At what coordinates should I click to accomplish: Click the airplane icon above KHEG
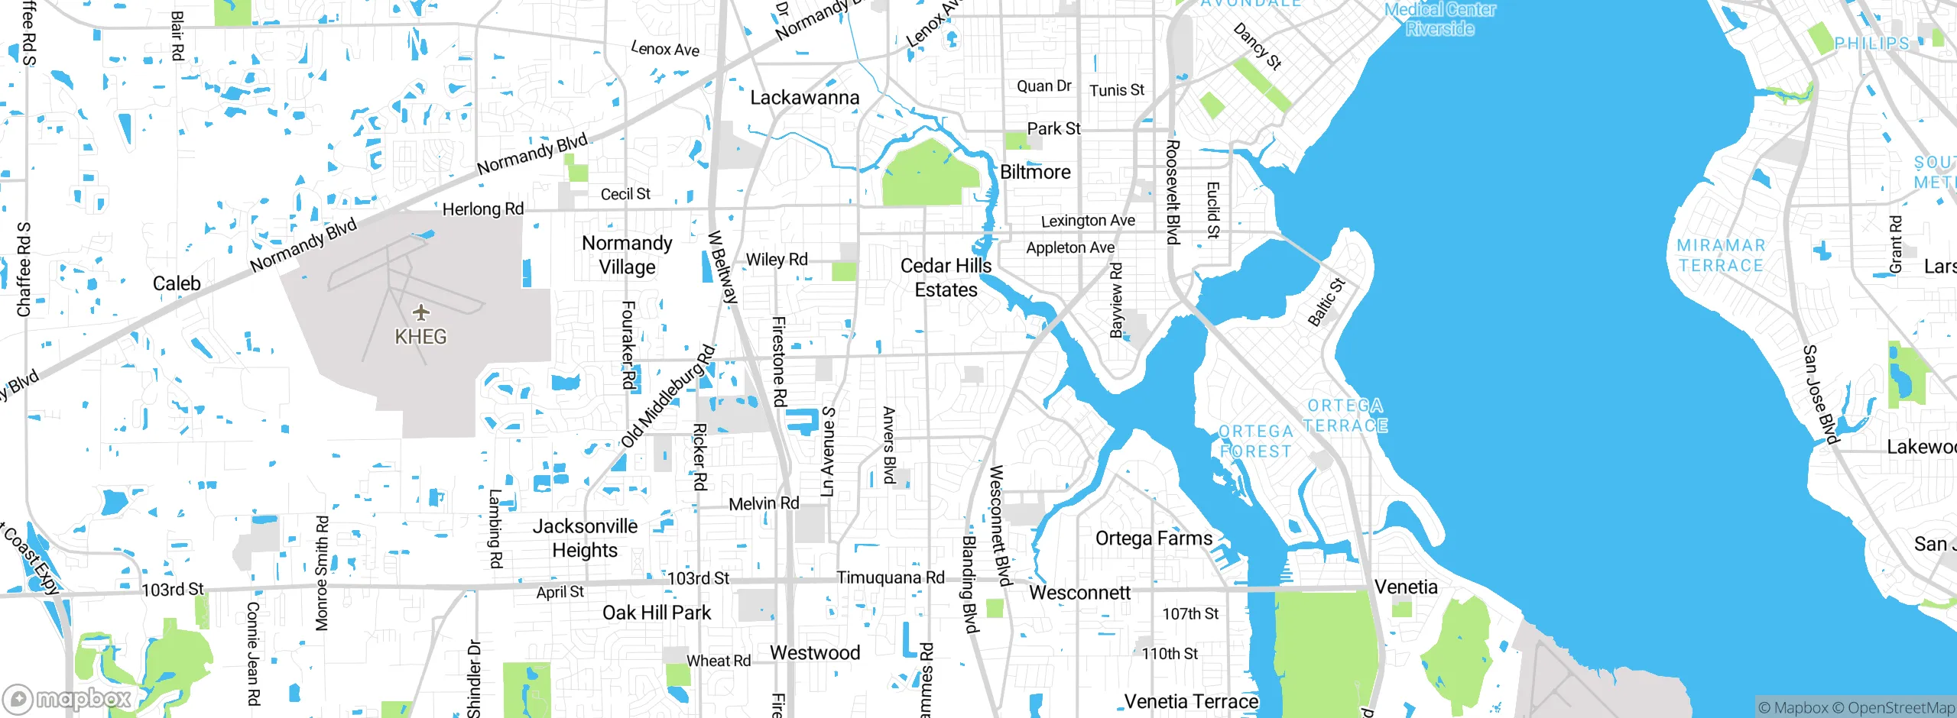coord(420,312)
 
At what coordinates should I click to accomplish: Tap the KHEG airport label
coord(420,337)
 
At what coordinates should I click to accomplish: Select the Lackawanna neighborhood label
coord(804,98)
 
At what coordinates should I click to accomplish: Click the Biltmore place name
coord(1035,173)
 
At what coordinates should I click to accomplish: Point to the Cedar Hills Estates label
coord(946,278)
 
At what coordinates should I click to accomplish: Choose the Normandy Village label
coord(627,255)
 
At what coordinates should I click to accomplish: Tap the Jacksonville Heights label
coord(585,538)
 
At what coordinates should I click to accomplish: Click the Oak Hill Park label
coord(657,613)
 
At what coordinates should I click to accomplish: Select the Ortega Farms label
coord(1154,538)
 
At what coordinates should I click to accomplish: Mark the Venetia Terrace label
coord(1191,701)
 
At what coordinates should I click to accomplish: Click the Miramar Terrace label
coord(1721,256)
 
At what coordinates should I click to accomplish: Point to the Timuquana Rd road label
coord(891,578)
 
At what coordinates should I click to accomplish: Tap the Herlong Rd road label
coord(483,209)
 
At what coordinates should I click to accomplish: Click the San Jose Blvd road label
coord(1819,394)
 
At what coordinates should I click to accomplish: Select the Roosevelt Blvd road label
coord(1173,192)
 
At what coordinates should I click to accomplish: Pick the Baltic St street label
coord(1326,302)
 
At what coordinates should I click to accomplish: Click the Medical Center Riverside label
coord(1439,19)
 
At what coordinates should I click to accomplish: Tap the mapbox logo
coord(67,698)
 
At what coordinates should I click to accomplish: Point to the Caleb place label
coord(177,284)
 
